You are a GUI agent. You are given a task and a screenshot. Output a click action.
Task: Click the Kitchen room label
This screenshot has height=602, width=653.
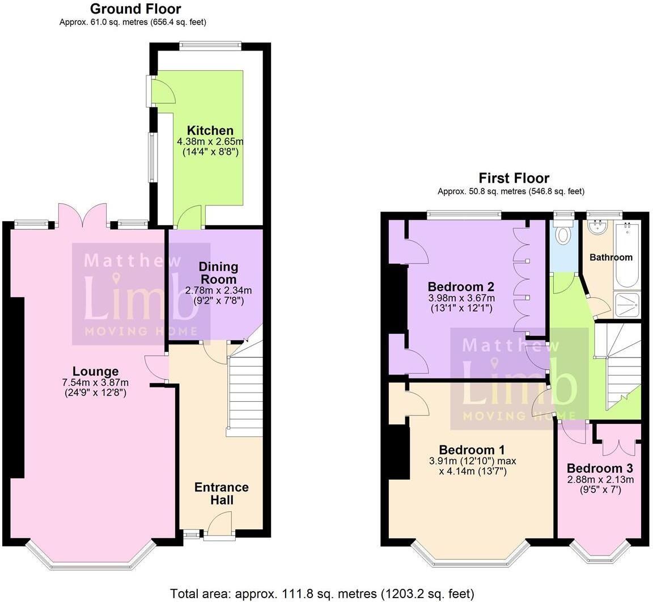pos(210,130)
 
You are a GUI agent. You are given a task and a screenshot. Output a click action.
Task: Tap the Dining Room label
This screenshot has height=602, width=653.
pos(218,273)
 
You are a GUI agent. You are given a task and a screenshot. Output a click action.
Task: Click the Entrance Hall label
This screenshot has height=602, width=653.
pos(221,494)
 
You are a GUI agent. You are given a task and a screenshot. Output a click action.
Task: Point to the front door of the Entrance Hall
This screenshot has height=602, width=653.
pos(219,525)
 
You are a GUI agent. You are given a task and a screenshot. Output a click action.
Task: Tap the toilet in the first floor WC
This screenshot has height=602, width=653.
pos(563,234)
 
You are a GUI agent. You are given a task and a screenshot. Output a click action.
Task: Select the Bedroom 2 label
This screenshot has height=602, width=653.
pos(461,287)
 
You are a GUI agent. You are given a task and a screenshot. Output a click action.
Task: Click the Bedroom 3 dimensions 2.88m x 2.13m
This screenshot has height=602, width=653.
pos(600,479)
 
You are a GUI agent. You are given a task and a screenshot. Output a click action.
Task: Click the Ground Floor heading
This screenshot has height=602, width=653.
pos(135,9)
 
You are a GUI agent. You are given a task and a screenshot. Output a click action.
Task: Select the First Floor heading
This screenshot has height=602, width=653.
pos(514,178)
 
